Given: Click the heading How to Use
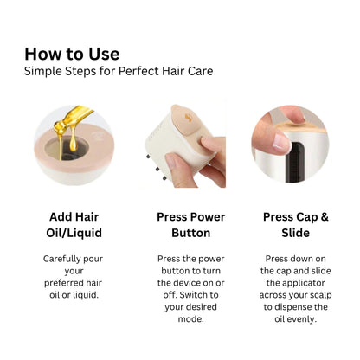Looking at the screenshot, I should (72, 54).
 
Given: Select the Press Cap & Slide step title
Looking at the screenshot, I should (295, 225).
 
